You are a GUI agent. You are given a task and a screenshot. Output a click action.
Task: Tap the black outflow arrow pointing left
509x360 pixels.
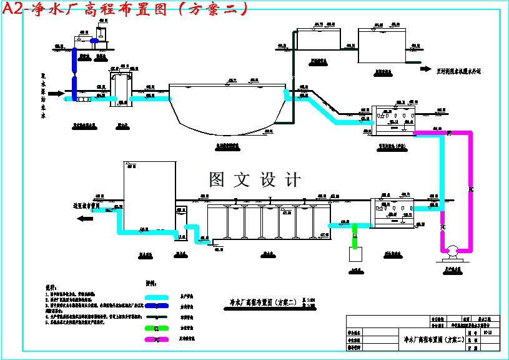83,219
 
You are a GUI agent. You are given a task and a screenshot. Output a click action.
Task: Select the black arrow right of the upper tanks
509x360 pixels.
425,69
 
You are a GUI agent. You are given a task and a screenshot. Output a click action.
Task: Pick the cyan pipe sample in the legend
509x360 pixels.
157,297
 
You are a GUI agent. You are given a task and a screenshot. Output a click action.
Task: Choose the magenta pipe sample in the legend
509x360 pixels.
157,339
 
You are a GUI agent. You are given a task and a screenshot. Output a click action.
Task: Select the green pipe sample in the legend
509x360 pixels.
157,329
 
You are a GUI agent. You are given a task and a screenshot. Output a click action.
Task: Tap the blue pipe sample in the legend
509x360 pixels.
157,307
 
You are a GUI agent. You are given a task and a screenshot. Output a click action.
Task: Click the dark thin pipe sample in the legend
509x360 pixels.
157,318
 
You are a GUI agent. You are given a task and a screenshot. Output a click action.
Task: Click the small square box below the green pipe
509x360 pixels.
355,254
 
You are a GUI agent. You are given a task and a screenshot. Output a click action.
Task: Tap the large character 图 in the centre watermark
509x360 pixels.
217,180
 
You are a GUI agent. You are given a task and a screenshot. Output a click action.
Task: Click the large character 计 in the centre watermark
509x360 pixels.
292,180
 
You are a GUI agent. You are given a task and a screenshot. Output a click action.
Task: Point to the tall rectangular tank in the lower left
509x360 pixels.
149,196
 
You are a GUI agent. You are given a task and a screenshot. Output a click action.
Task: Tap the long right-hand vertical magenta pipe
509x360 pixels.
470,187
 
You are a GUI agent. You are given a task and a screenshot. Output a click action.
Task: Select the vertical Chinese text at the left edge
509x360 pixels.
43,94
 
